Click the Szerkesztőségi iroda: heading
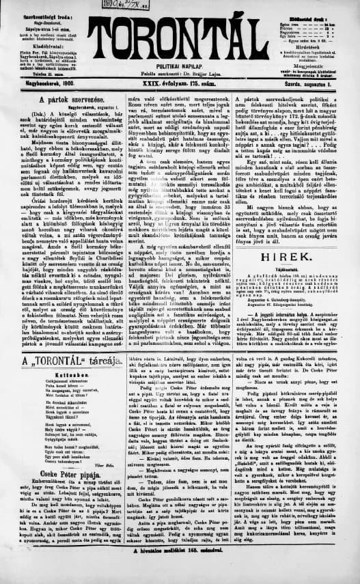click(38, 14)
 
